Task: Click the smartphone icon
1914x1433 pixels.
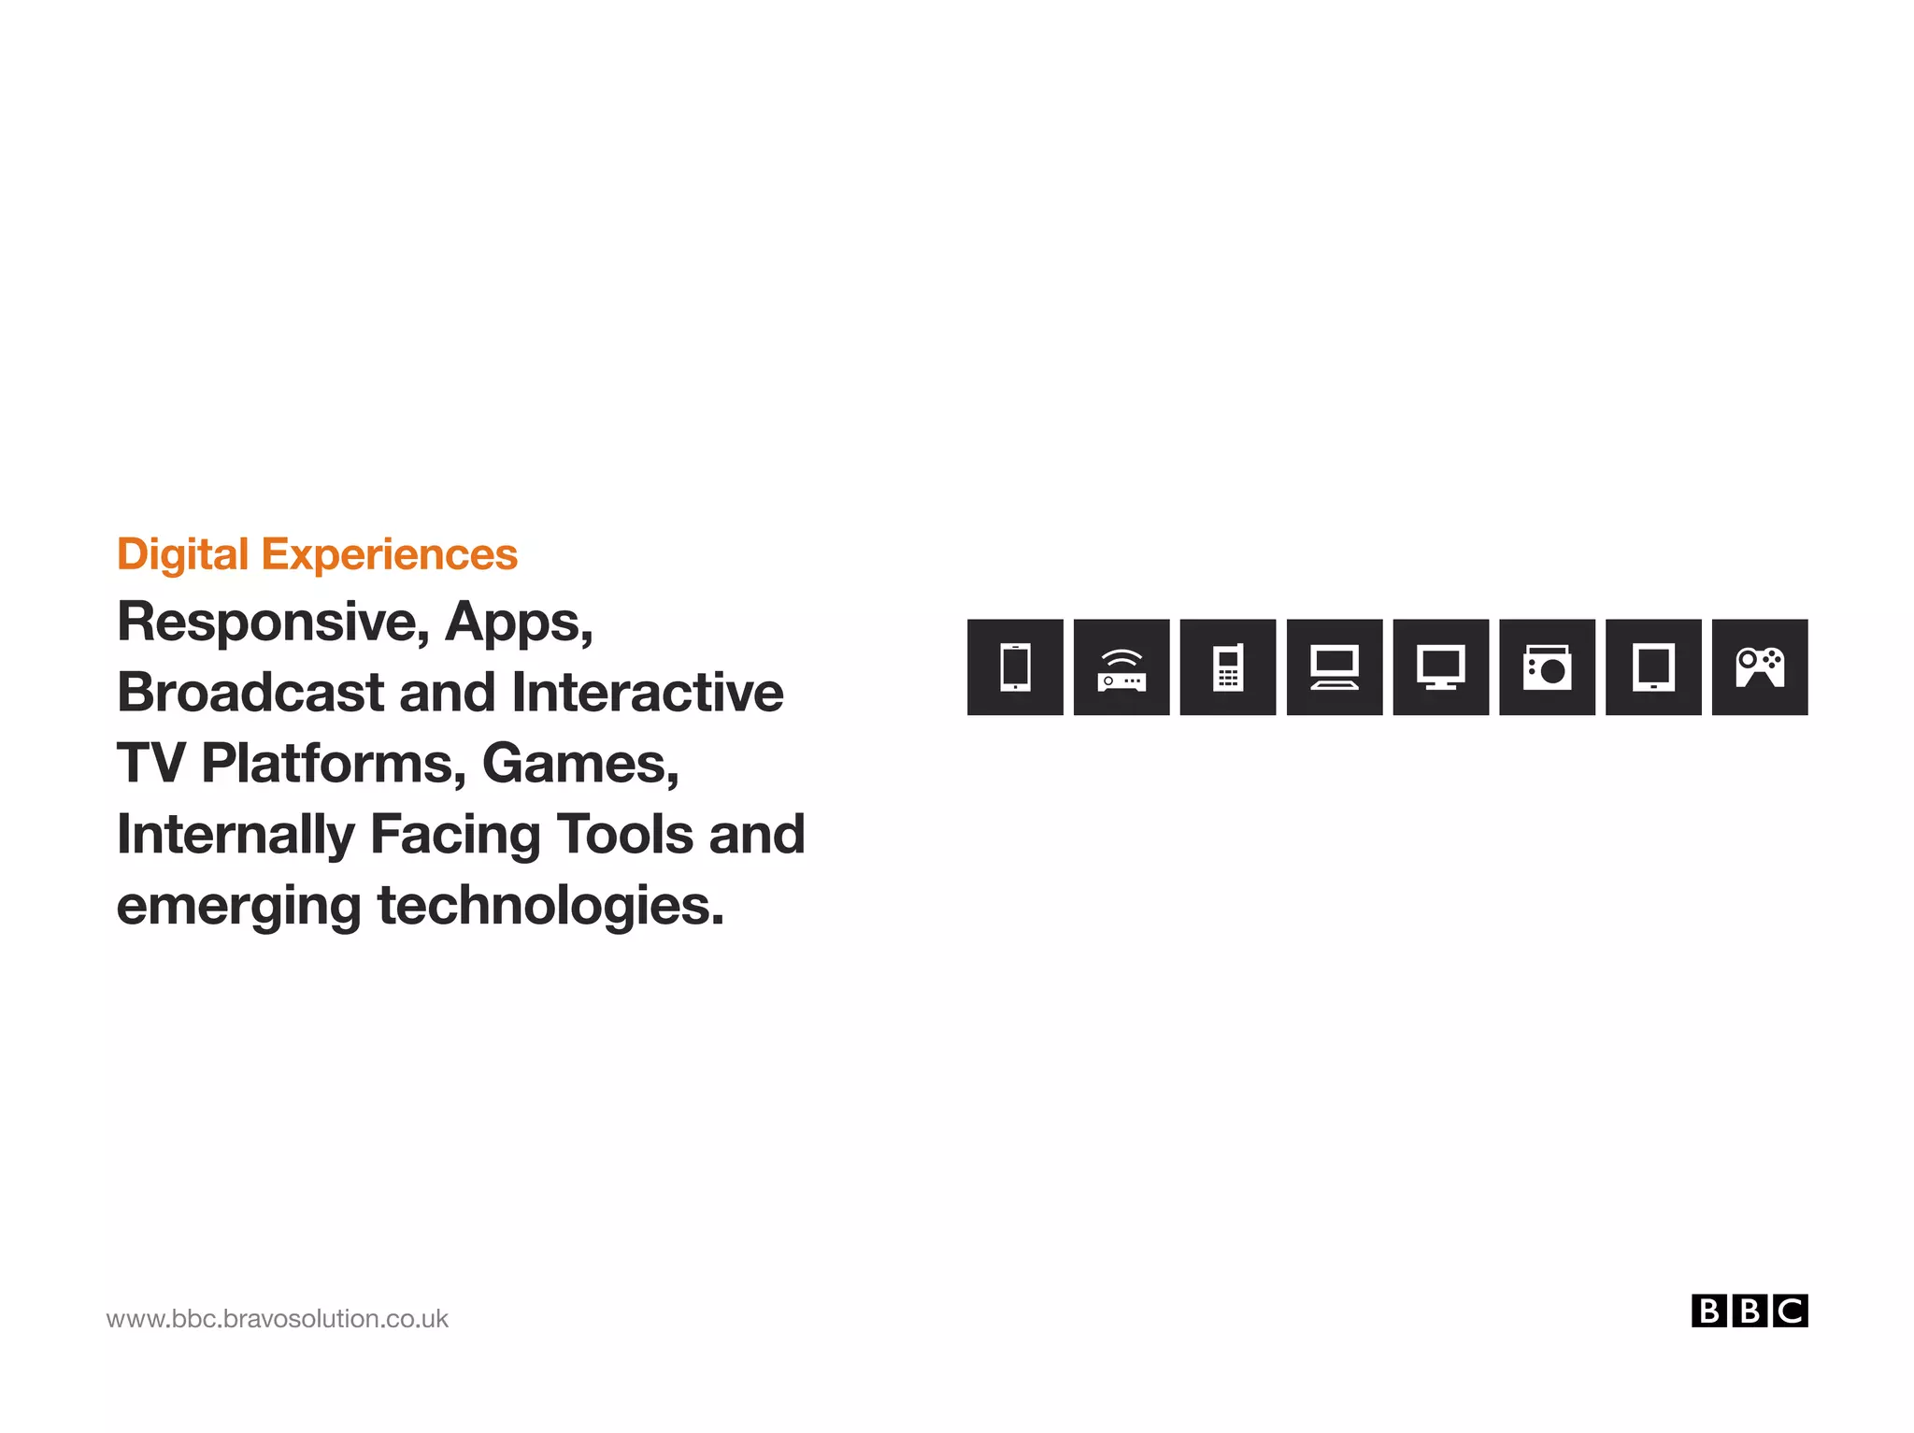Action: coord(1015,666)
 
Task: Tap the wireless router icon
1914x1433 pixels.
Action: coord(1121,666)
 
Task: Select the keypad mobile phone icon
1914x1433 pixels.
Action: coord(1228,666)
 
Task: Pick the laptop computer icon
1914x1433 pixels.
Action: coord(1335,666)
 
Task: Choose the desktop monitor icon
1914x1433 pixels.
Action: coord(1440,666)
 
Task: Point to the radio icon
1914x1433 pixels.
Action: coord(1547,666)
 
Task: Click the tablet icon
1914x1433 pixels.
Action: coord(1653,666)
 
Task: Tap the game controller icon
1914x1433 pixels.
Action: coord(1760,666)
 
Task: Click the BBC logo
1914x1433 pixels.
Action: coord(1749,1311)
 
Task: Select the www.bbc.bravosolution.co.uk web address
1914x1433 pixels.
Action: coord(278,1319)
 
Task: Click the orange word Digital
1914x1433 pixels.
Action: coord(182,554)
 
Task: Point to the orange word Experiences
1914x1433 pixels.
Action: coord(389,554)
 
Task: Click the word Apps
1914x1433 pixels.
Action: coord(519,623)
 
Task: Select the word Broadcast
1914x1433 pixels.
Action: coord(250,693)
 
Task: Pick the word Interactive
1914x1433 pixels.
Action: coord(648,693)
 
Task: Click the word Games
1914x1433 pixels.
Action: coord(580,764)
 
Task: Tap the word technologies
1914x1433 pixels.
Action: coord(550,906)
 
